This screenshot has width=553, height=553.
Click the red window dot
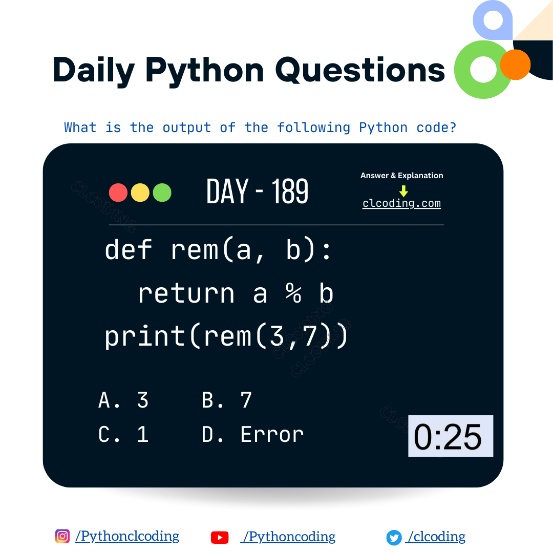pyautogui.click(x=118, y=193)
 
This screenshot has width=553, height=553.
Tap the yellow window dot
pyautogui.click(x=140, y=193)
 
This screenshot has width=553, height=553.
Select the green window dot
pyautogui.click(x=162, y=193)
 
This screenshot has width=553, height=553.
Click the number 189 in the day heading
pyautogui.click(x=290, y=192)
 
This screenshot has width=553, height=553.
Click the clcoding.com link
pyautogui.click(x=401, y=203)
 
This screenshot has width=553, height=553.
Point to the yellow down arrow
pyautogui.click(x=403, y=191)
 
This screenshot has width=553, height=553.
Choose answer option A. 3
pyautogui.click(x=123, y=400)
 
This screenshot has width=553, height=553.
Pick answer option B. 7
pyautogui.click(x=227, y=400)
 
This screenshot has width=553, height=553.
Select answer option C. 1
pyautogui.click(x=123, y=435)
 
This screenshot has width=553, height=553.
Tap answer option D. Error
pyautogui.click(x=253, y=435)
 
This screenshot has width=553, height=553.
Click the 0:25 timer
pyautogui.click(x=450, y=436)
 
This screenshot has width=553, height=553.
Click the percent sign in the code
pyautogui.click(x=293, y=294)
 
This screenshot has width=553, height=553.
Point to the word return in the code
pyautogui.click(x=186, y=294)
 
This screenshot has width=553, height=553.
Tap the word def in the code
pyautogui.click(x=128, y=250)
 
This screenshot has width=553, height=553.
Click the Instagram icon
pyautogui.click(x=62, y=536)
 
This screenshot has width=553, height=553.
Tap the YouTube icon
pyautogui.click(x=220, y=537)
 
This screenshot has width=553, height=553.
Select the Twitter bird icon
pyautogui.click(x=394, y=538)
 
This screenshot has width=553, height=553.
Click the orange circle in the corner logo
pyautogui.click(x=515, y=65)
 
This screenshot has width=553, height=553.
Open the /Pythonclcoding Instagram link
pyautogui.click(x=127, y=536)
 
